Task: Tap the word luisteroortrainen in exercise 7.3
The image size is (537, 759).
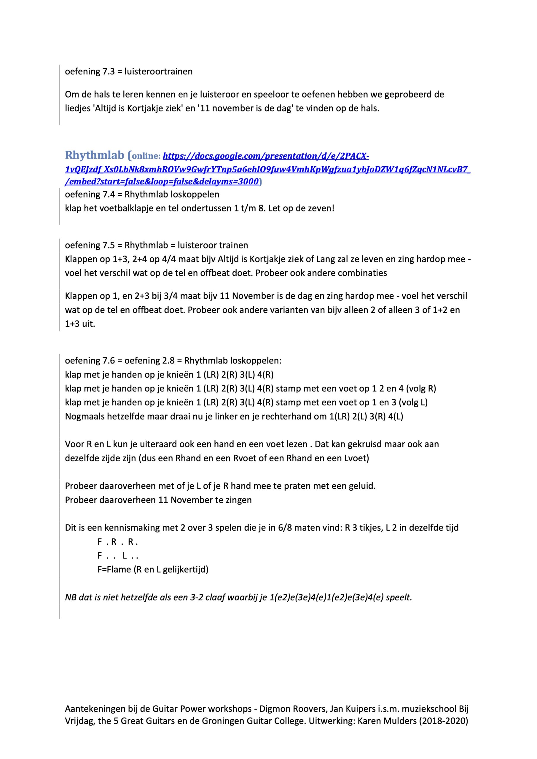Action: pyautogui.click(x=158, y=71)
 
